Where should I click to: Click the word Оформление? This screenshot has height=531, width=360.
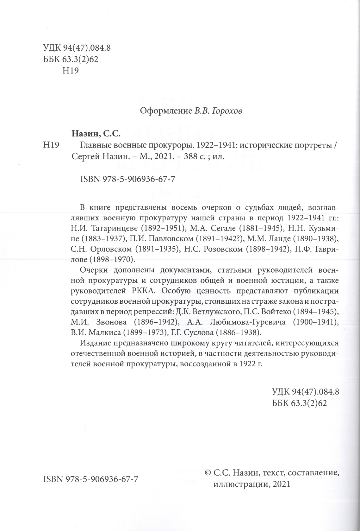pyautogui.click(x=165, y=111)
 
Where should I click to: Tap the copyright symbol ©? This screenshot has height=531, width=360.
pyautogui.click(x=208, y=473)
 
